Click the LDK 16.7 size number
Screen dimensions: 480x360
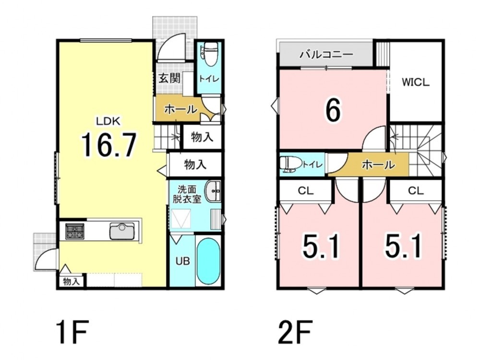(108, 145)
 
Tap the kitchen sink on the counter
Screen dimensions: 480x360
(122, 231)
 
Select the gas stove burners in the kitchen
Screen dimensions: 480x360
(74, 231)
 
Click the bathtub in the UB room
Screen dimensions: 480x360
(208, 262)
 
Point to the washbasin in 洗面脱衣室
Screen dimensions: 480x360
(214, 192)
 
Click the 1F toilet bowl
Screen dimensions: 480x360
(210, 54)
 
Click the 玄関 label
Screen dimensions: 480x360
(169, 78)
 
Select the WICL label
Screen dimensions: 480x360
(416, 82)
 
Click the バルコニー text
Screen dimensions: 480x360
(326, 55)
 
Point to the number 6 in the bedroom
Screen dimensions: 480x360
(333, 110)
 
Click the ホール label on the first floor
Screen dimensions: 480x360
(180, 109)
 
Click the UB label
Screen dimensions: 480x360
(182, 261)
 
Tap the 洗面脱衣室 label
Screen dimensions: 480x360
(187, 194)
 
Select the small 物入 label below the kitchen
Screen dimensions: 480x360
(72, 281)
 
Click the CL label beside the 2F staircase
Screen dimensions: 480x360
(416, 191)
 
